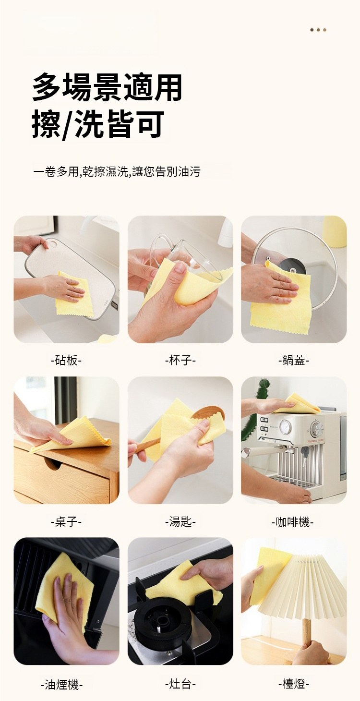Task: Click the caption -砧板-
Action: (66, 361)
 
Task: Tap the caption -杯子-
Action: (180, 361)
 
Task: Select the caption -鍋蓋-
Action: (294, 361)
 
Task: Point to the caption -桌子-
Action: (66, 522)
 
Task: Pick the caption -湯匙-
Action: (180, 522)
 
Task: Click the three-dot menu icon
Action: (318, 30)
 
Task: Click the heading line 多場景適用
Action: (107, 87)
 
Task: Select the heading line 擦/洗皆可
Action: (98, 124)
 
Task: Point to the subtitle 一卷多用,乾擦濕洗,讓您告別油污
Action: (117, 171)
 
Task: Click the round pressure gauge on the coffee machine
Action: (285, 426)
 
